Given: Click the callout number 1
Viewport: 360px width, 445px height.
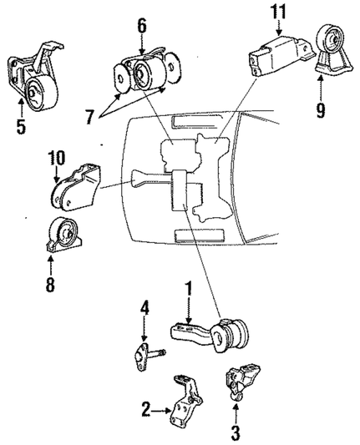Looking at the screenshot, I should (190, 290).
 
